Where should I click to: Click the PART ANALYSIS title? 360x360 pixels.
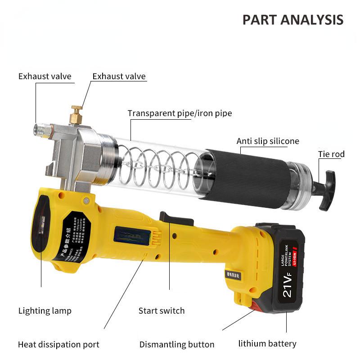[x=293, y=19]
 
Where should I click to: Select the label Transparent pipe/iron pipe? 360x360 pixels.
[x=180, y=113]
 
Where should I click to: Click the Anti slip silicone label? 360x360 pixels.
[x=268, y=141]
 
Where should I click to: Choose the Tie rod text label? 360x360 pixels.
[x=331, y=154]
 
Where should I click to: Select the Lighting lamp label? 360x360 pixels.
[x=45, y=310]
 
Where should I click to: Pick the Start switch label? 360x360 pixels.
[x=161, y=310]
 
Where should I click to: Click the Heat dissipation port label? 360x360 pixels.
[x=58, y=345]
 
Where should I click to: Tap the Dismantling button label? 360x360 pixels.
[x=176, y=345]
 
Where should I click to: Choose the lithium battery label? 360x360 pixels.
[x=267, y=344]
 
